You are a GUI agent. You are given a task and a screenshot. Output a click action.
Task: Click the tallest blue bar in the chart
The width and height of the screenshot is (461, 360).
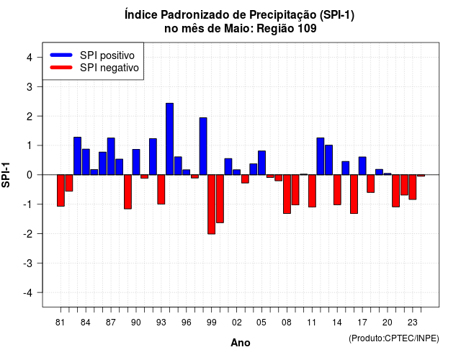[170, 139]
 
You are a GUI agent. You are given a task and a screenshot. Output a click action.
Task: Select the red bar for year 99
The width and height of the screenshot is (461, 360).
[211, 204]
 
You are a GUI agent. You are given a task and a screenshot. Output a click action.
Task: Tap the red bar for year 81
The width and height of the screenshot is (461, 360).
[61, 190]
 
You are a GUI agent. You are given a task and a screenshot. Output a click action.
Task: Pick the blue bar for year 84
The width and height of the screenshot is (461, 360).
[86, 162]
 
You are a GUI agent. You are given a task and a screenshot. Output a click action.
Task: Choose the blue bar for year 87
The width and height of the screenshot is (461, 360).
[111, 156]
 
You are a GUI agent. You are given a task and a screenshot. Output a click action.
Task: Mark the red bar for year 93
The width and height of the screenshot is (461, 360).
[161, 189]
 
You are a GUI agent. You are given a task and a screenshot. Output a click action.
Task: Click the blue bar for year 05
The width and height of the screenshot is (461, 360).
[261, 163]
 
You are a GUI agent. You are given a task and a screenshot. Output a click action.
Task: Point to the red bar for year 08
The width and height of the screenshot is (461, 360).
[287, 194]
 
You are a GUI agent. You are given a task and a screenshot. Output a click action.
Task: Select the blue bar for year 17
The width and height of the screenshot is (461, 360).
[362, 166]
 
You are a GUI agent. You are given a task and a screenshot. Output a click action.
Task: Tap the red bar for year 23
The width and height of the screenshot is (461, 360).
[413, 187]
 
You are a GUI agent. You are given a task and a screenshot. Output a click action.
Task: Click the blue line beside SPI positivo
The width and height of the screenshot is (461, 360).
[61, 55]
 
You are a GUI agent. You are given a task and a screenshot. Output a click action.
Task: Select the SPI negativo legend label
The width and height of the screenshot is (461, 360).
[109, 68]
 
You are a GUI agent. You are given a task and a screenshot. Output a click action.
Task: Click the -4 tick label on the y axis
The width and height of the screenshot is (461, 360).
[28, 293]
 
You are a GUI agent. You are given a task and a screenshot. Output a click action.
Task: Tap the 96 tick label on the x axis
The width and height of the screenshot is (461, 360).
[186, 323]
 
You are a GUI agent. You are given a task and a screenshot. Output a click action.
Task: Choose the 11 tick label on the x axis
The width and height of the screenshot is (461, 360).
[312, 323]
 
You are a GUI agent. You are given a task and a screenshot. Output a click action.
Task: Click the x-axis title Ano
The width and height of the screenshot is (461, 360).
[241, 343]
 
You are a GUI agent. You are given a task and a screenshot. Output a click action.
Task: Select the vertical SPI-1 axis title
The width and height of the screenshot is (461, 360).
[6, 175]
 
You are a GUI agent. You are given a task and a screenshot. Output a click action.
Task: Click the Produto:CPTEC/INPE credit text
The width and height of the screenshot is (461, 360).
[394, 338]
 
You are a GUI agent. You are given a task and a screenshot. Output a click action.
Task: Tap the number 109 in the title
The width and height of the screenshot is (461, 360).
[307, 29]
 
